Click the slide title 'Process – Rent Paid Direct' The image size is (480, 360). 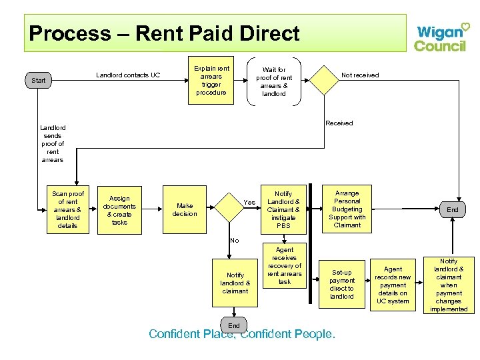(165, 33)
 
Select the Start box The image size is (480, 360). (39, 81)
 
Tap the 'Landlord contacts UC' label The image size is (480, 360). (128, 75)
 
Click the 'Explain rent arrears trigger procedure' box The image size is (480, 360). (211, 81)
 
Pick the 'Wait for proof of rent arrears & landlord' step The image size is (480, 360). (273, 81)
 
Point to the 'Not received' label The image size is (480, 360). (360, 75)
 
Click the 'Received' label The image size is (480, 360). (339, 123)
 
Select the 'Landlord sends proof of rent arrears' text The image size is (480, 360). (52, 143)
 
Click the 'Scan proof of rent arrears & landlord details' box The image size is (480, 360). (68, 210)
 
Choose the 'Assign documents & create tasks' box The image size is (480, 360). (119, 210)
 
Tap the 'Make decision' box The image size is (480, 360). (185, 210)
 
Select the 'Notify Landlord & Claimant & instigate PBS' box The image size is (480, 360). (283, 210)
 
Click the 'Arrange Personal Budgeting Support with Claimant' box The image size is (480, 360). (347, 209)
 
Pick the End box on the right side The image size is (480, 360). (453, 209)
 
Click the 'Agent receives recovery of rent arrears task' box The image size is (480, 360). (284, 265)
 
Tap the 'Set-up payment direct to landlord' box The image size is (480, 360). (342, 284)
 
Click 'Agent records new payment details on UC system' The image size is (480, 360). (393, 285)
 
